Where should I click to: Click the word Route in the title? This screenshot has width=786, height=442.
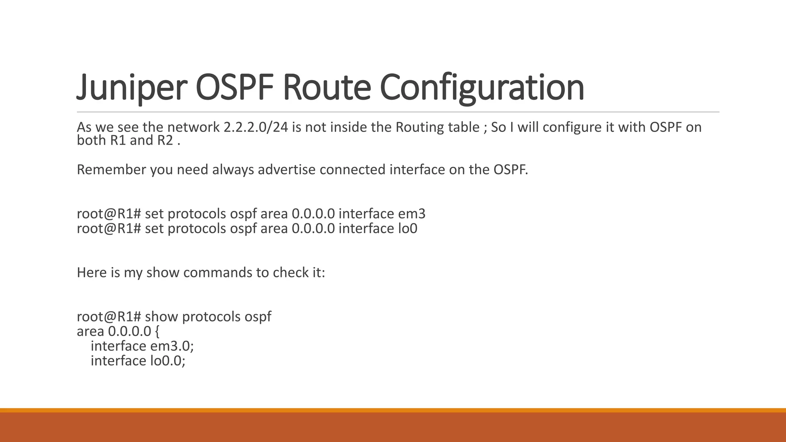326,87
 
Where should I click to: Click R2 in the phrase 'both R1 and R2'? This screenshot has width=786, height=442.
165,140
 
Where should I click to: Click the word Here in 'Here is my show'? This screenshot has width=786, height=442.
92,273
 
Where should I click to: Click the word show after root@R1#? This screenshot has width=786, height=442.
162,317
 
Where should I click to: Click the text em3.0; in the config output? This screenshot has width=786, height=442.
172,346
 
